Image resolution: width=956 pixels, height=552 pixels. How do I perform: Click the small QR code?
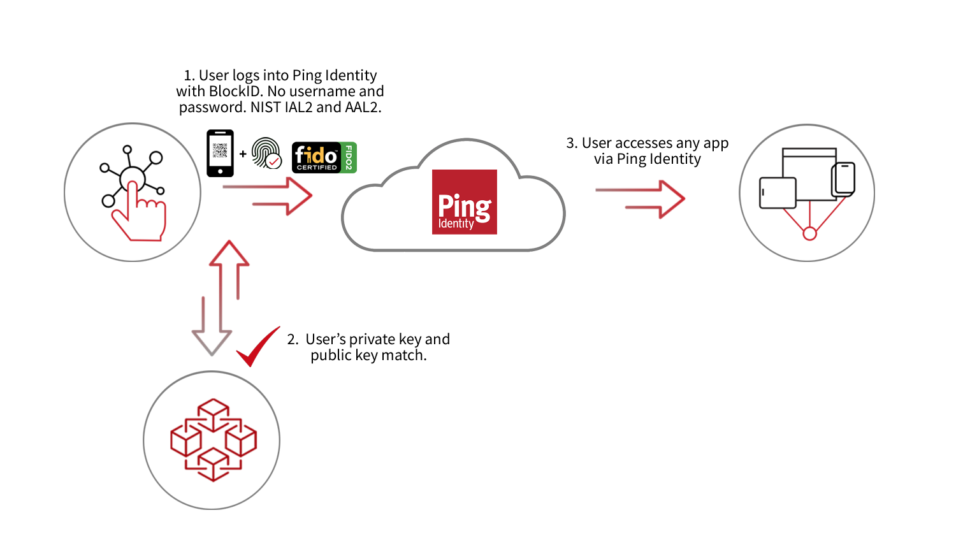(220, 150)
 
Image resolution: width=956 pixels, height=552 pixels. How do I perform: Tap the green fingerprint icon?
(265, 154)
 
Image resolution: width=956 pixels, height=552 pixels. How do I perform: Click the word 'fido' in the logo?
(315, 155)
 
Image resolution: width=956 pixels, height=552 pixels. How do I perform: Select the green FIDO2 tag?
(349, 157)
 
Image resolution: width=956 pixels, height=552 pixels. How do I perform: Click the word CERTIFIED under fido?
(317, 168)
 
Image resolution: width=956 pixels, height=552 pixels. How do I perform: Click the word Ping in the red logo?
(464, 206)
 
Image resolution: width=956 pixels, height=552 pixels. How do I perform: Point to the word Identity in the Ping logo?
(456, 224)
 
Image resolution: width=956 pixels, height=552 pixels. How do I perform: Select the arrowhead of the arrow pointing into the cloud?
(300, 196)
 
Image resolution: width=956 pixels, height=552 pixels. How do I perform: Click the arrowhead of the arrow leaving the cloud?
(672, 200)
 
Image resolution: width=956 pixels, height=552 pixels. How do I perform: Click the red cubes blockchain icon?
(213, 440)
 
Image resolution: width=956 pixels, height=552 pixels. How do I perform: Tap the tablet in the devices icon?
(778, 192)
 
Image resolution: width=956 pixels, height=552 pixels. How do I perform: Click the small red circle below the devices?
(809, 234)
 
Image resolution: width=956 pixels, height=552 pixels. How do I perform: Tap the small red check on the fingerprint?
(274, 161)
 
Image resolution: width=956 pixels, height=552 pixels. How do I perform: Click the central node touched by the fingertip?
(132, 177)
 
